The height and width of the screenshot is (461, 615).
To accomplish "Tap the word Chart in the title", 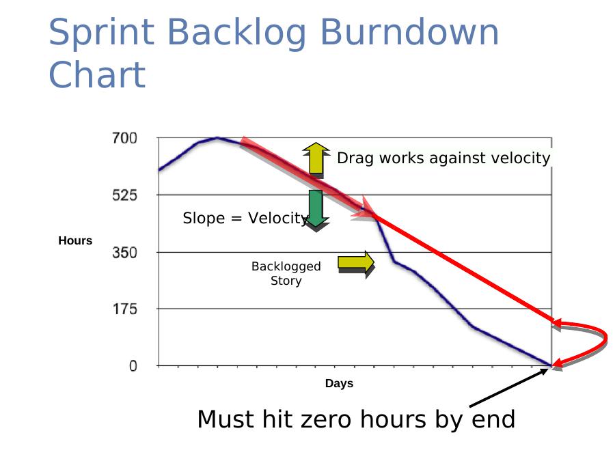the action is (97, 74).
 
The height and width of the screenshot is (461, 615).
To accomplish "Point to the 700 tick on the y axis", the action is (124, 138).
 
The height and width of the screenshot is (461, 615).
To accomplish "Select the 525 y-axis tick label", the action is (124, 195).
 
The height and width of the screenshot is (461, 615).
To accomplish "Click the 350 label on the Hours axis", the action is (124, 252).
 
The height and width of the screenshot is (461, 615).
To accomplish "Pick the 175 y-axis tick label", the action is (125, 309).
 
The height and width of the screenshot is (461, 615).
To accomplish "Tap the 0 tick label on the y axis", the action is (133, 366).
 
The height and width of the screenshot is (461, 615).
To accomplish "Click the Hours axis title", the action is (75, 240).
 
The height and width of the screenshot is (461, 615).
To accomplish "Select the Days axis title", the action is (339, 383).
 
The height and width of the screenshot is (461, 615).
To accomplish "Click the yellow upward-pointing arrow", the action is (316, 158).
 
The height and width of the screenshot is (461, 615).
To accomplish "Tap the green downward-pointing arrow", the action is (316, 210).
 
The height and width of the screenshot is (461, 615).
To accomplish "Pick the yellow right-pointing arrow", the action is (356, 264).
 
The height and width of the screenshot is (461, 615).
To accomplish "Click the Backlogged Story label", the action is (286, 273).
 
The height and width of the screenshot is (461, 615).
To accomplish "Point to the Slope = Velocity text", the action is (245, 218).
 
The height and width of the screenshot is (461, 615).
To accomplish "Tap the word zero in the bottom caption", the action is (325, 419).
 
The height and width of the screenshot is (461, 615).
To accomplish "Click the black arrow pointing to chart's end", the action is (508, 387).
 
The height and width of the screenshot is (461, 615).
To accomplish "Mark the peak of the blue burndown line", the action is (217, 137).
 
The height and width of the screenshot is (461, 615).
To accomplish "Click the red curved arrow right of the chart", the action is (606, 337).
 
